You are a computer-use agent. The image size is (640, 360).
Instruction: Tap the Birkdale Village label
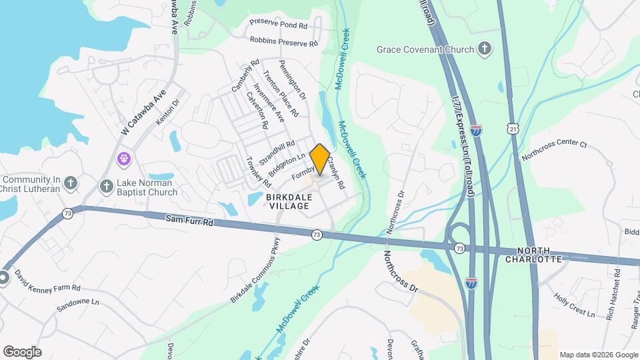(289, 203)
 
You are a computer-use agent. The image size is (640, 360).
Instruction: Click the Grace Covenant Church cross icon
(485, 49)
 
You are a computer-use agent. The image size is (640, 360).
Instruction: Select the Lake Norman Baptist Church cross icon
(106, 187)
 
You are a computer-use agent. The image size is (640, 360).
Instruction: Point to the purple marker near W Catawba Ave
(123, 159)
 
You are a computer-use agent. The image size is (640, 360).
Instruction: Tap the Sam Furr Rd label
(190, 221)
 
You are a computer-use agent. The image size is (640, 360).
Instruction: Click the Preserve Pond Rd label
(278, 24)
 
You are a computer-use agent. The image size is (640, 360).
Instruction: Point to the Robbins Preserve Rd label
(284, 41)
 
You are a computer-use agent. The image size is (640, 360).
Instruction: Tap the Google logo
(21, 351)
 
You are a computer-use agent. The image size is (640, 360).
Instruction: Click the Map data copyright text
(597, 355)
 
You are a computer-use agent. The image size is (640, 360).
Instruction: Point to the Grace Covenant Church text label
(425, 49)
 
